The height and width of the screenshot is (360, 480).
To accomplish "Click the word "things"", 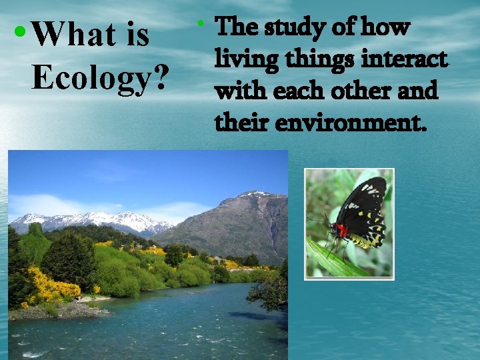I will point(315,59).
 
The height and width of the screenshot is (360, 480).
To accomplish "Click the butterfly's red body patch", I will point(341,231).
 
